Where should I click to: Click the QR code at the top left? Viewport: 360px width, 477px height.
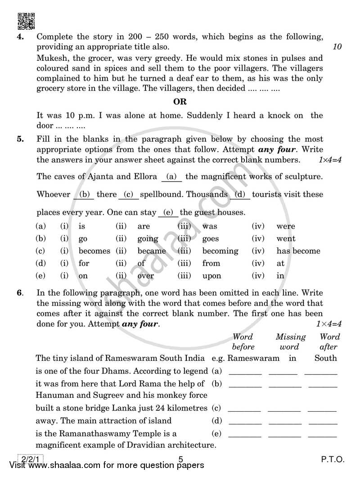[26, 21]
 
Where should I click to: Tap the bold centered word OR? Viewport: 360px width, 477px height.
[180, 102]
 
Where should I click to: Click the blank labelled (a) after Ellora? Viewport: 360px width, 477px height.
[171, 177]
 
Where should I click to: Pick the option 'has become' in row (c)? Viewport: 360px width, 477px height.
[298, 251]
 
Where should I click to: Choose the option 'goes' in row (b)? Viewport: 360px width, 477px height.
[210, 239]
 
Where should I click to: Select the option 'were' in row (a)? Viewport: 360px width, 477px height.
[286, 226]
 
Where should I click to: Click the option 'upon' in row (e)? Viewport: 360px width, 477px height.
[211, 276]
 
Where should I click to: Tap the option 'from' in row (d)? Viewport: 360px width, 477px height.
[211, 263]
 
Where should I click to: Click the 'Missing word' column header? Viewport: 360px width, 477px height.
[290, 342]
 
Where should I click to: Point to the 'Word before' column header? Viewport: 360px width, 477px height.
[243, 342]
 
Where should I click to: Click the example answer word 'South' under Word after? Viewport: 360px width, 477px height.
[326, 358]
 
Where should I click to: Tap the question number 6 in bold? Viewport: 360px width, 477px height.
[19, 292]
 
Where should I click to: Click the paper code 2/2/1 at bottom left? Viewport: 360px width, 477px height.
[29, 459]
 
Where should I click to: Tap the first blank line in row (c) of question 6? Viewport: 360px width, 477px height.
[244, 409]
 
